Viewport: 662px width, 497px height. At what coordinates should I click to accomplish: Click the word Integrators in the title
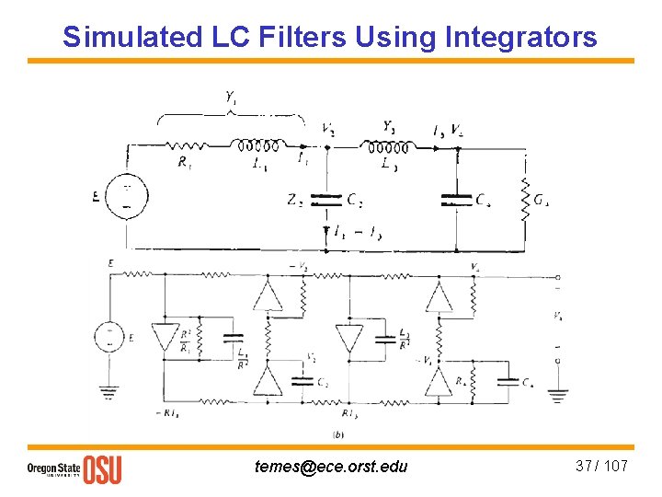tap(519, 37)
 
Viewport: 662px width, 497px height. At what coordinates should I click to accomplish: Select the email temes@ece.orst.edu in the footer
tap(331, 467)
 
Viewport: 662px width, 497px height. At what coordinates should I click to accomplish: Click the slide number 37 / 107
tap(601, 466)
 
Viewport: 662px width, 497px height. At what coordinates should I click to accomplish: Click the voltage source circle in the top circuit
tap(125, 197)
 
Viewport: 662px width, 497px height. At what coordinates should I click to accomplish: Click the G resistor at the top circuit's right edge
tap(525, 199)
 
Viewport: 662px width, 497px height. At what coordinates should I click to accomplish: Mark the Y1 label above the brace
tap(231, 97)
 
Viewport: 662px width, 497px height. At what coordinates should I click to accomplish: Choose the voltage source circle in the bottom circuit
tap(109, 337)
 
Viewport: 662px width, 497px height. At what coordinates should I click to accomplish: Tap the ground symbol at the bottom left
tap(109, 393)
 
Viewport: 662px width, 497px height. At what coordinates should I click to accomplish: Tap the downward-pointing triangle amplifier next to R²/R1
tap(165, 337)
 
